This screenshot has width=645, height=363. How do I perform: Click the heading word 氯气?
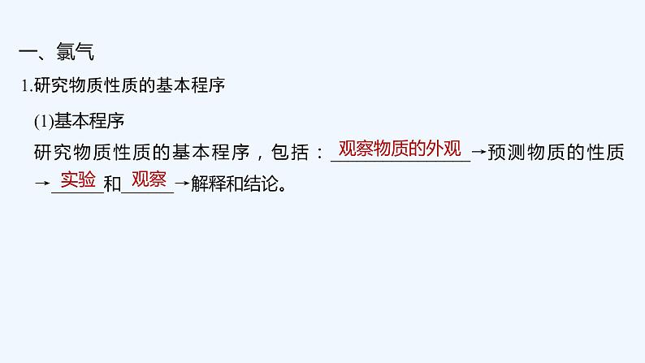(x=76, y=54)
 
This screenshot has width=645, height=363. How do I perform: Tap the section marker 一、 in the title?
(x=36, y=54)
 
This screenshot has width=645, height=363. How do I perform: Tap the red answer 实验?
(x=78, y=179)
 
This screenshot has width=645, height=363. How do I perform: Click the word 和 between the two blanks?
(x=112, y=184)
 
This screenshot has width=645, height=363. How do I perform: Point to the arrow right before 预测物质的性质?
(x=478, y=152)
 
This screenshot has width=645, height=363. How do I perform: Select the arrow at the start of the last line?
(x=41, y=184)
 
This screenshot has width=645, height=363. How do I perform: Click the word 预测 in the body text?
(x=505, y=152)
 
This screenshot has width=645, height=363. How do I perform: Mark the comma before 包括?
(x=259, y=155)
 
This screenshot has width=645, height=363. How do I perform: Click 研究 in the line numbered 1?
(x=49, y=87)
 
